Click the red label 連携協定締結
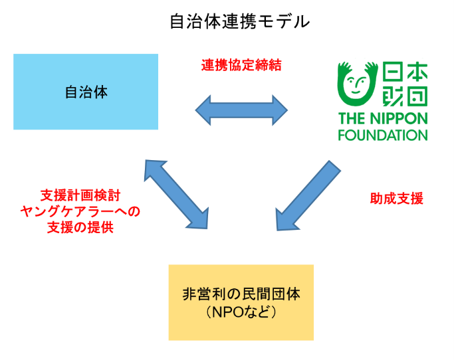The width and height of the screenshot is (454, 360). click(241, 66)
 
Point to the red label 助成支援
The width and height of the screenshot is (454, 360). click(396, 199)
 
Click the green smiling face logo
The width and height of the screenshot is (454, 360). click(358, 84)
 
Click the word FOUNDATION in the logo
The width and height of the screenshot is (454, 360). click(382, 135)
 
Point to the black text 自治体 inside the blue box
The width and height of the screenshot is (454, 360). click(86, 92)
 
